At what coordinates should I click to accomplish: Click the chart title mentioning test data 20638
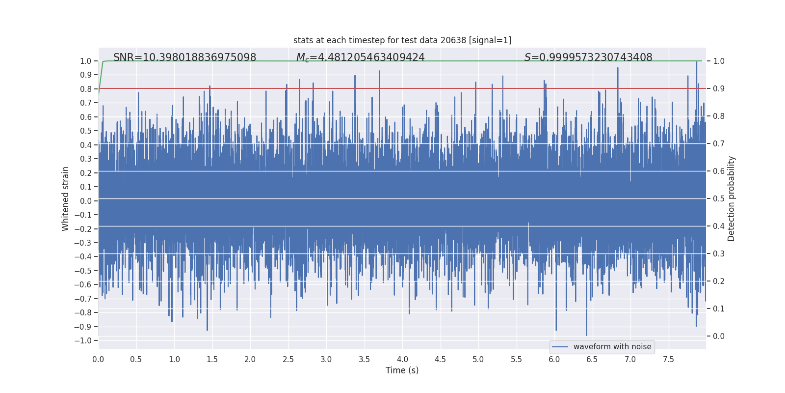click(402, 40)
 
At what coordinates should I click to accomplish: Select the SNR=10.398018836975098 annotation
click(184, 57)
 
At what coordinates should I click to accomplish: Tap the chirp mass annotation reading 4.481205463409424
click(360, 57)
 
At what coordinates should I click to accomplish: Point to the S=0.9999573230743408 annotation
click(588, 57)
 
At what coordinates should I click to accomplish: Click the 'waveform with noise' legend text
click(612, 347)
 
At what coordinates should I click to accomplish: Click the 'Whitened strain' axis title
click(66, 198)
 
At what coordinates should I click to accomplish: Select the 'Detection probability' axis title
click(732, 198)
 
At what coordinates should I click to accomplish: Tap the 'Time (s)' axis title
click(402, 370)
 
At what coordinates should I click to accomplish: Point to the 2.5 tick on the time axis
click(288, 359)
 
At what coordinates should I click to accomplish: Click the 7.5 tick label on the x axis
click(668, 359)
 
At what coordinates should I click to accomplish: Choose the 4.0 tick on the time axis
click(402, 359)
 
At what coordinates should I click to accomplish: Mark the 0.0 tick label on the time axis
click(98, 359)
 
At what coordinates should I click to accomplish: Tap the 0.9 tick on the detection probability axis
click(719, 89)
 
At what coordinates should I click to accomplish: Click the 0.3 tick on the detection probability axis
click(719, 254)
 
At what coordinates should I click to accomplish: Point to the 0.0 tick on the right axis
click(719, 337)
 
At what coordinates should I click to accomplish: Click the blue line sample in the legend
click(560, 347)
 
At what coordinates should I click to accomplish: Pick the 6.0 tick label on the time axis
click(554, 359)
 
